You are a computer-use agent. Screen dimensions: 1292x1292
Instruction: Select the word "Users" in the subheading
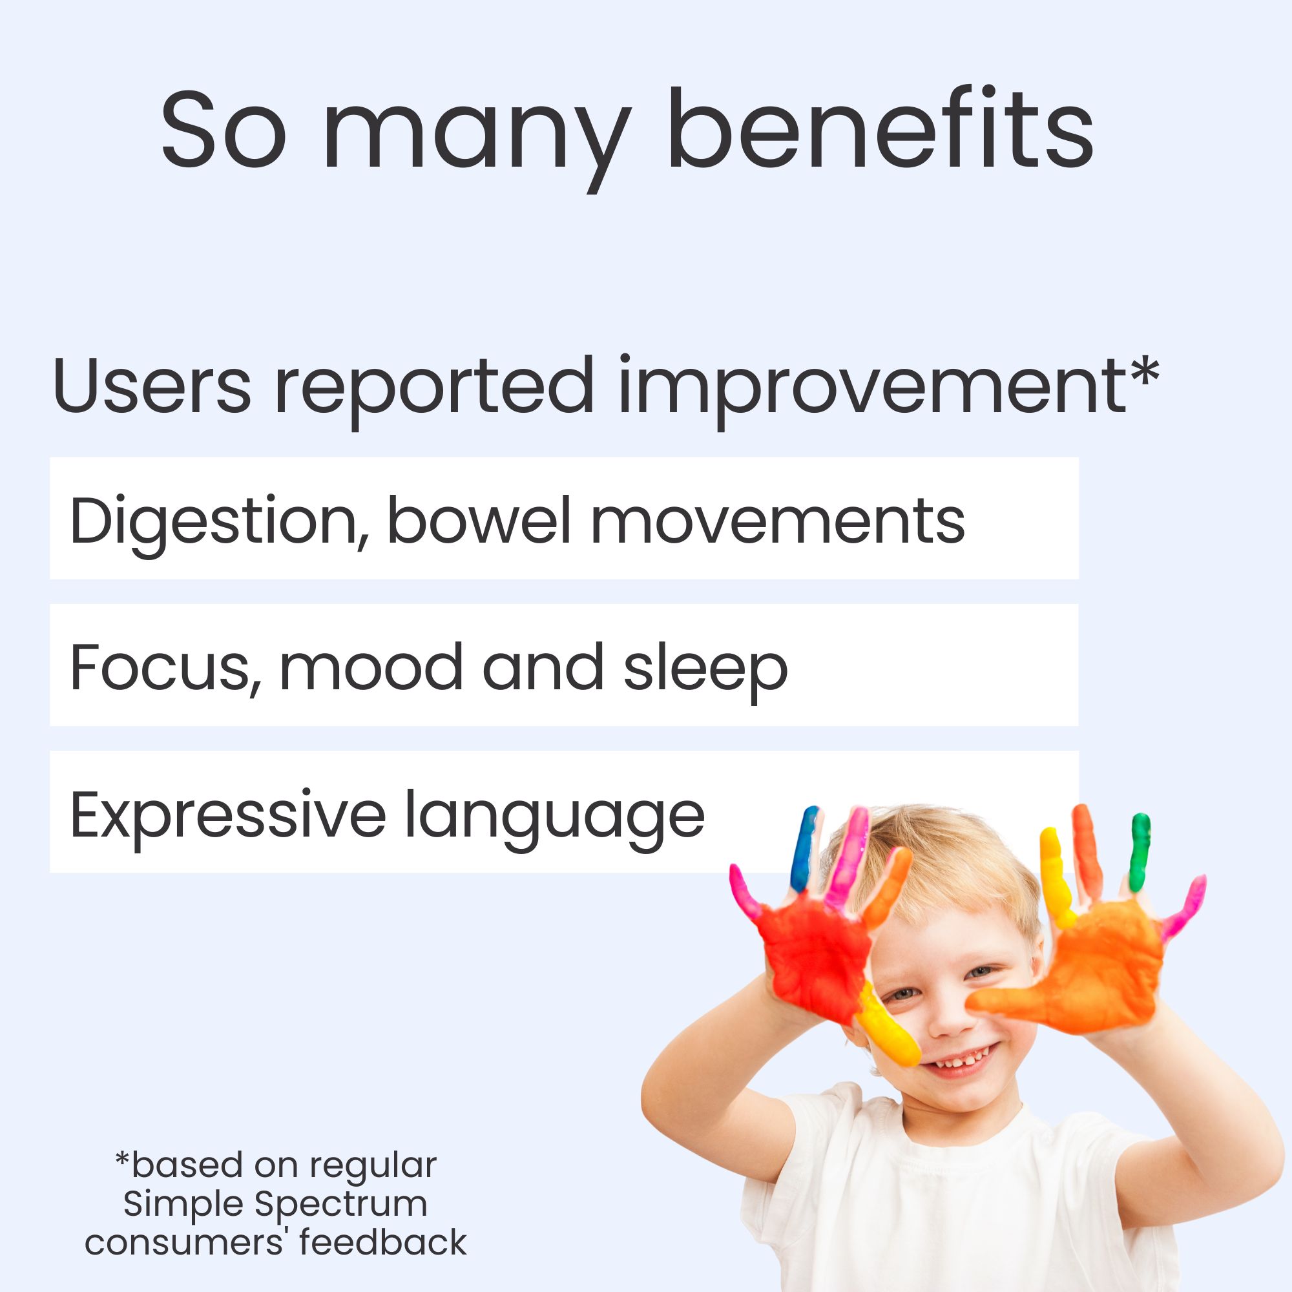pos(152,386)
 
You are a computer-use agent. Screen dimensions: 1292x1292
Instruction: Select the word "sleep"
pos(705,672)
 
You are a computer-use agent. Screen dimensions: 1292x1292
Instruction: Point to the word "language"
pos(555,820)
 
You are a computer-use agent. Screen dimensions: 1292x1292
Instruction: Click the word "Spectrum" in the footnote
pos(341,1204)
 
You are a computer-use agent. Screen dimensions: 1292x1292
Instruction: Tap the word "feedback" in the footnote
pos(383,1242)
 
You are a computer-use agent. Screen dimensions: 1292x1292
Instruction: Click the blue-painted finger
pos(804,848)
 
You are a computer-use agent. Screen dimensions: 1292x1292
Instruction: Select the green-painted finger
pos(1140,852)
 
